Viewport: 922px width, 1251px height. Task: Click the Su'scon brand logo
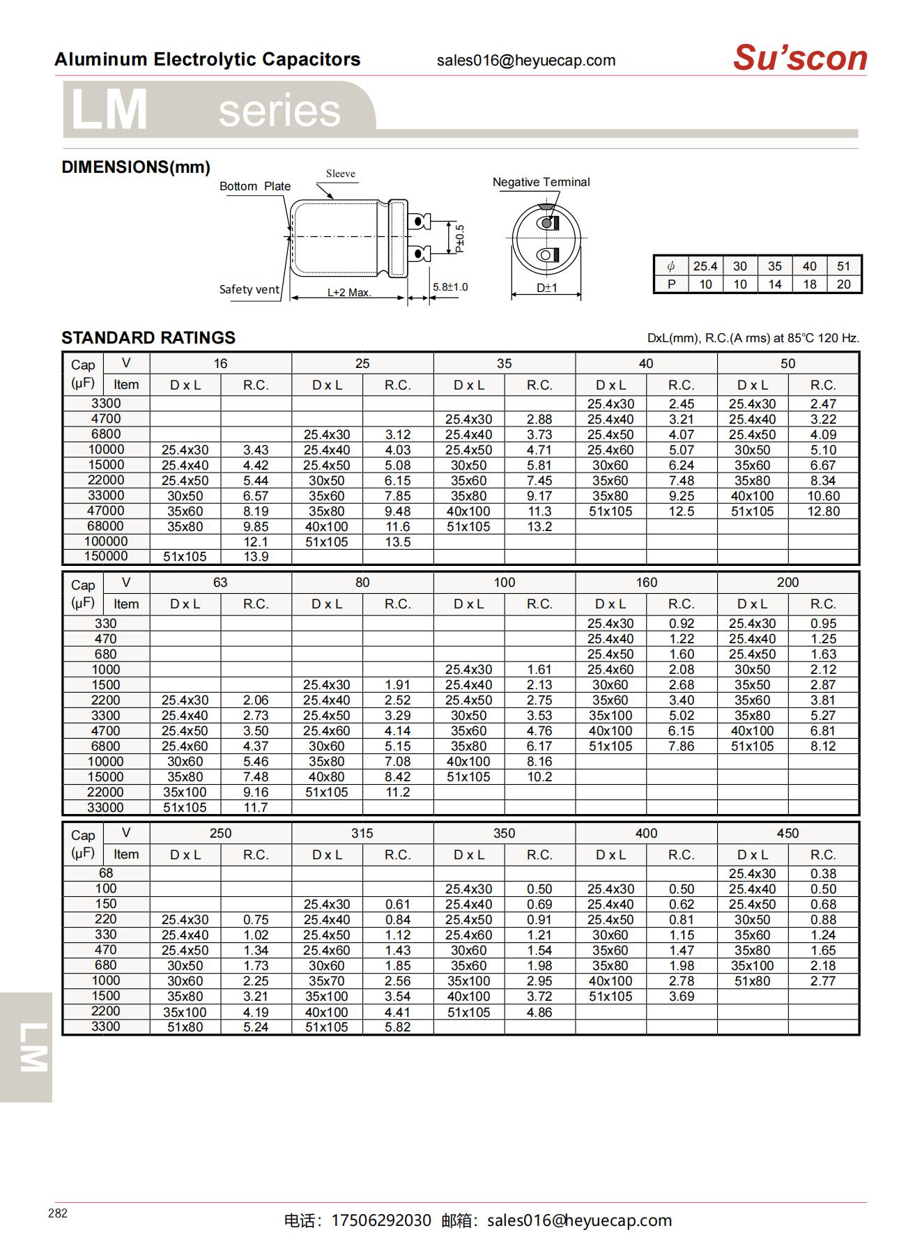click(799, 58)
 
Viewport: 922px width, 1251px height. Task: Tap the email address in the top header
click(526, 61)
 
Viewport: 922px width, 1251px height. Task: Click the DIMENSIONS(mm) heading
click(136, 167)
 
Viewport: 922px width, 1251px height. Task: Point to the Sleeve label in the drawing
click(340, 174)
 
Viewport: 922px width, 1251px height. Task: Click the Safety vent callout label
click(249, 290)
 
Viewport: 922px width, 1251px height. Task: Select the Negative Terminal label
click(541, 183)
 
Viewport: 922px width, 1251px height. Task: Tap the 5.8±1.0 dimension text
click(450, 287)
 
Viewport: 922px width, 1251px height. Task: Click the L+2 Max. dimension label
click(349, 293)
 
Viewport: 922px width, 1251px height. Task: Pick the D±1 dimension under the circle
click(547, 288)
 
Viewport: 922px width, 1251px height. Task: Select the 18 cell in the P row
click(809, 284)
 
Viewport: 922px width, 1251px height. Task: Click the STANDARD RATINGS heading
click(148, 338)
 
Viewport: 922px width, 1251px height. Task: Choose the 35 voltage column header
click(504, 364)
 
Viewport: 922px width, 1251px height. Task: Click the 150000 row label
click(106, 556)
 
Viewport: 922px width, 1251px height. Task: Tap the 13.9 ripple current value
click(256, 557)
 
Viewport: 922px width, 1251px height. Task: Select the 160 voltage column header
click(646, 583)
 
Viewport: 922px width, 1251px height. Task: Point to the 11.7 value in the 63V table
click(256, 808)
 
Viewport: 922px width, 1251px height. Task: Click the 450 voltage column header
click(787, 834)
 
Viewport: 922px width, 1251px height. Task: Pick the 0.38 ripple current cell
click(823, 874)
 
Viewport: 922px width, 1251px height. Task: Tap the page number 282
click(58, 1213)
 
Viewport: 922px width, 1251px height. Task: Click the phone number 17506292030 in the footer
click(381, 1220)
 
